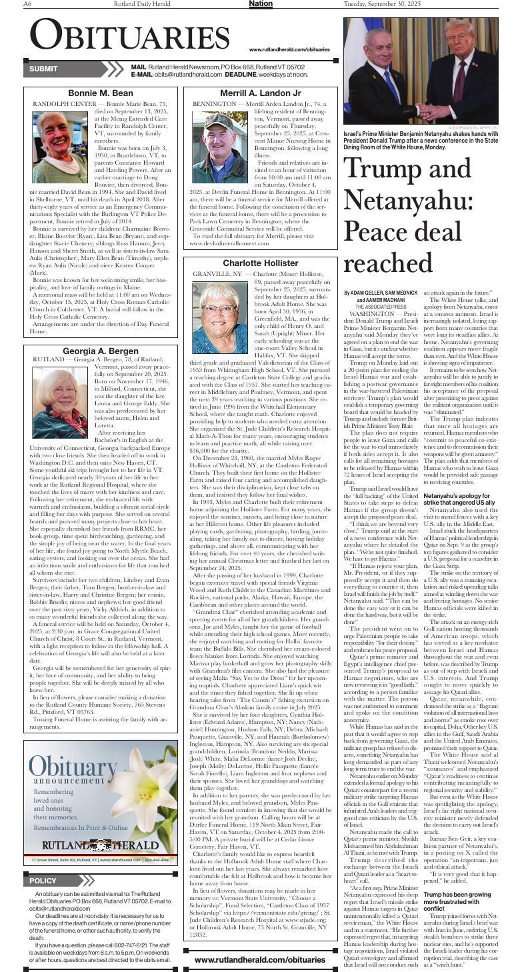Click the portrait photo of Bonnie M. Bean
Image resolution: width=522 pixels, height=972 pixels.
60,138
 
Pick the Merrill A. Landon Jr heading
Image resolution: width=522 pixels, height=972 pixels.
261,93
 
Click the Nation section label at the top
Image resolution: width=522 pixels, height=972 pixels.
261,4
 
